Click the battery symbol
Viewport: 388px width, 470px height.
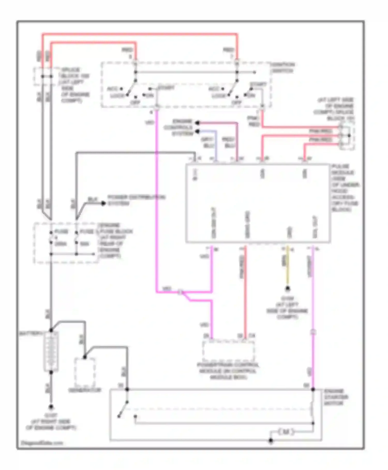51,351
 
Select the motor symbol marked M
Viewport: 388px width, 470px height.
286,432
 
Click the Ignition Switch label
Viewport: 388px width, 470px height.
282,68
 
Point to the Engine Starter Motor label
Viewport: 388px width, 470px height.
336,397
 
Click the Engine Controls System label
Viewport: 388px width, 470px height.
182,127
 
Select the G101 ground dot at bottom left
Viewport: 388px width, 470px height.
51,407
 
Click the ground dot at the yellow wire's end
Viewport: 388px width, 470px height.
287,289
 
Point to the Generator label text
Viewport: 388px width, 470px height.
85,390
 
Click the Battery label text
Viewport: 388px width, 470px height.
31,333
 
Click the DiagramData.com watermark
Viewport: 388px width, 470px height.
41,443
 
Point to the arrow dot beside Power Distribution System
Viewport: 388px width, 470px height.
103,203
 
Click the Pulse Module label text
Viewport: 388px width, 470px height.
345,188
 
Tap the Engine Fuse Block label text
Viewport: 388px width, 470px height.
115,240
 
